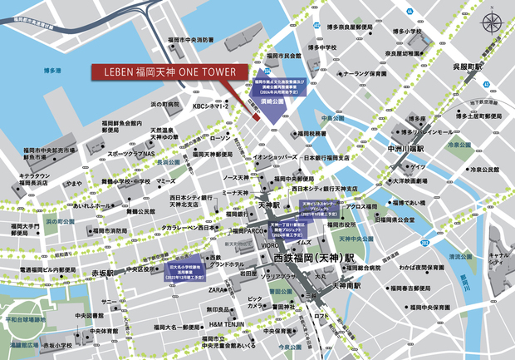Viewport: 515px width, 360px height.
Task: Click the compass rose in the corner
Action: [493, 23]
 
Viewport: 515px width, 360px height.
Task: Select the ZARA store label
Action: [218, 291]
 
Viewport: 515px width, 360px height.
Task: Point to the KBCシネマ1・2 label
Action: [213, 106]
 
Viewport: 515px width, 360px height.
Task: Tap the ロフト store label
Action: [323, 317]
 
